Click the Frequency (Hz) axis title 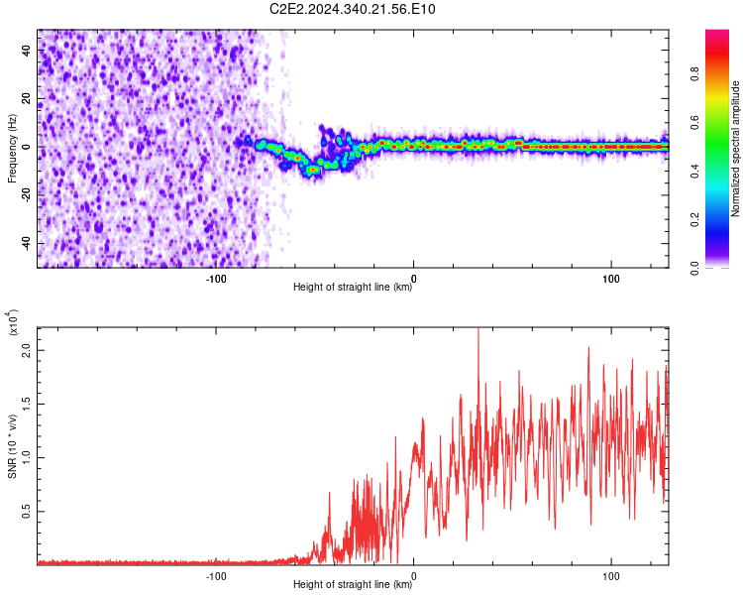coord(12,148)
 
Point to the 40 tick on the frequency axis coord(28,51)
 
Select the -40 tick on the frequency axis coord(28,243)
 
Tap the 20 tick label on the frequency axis coord(28,98)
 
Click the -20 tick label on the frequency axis coord(28,194)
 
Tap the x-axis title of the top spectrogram coord(353,288)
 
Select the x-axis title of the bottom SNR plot coord(353,584)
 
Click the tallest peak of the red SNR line coord(478,330)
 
